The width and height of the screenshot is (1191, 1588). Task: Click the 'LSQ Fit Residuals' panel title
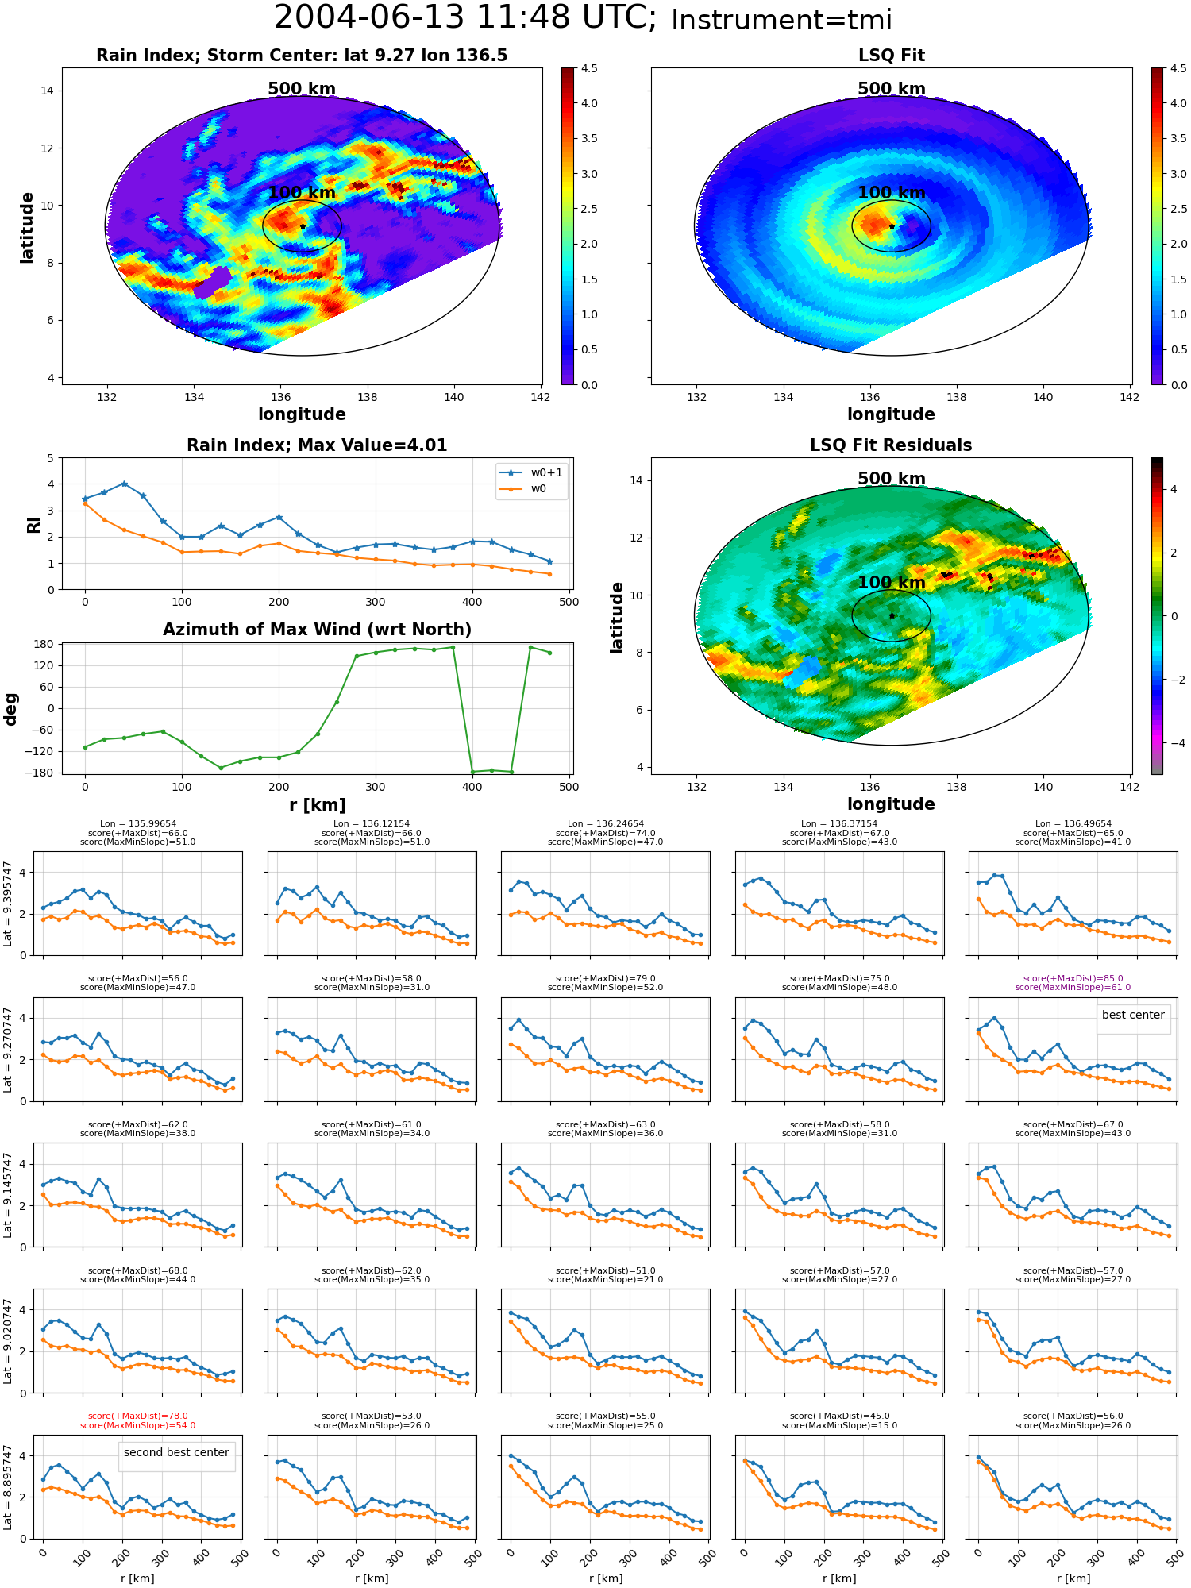click(x=891, y=445)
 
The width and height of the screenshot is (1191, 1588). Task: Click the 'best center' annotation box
click(x=1133, y=1016)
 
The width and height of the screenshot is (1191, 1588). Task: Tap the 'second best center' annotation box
click(x=176, y=1453)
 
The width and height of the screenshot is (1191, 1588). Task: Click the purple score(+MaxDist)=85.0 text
click(x=1073, y=979)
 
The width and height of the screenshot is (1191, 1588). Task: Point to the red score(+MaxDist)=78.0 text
click(x=137, y=1416)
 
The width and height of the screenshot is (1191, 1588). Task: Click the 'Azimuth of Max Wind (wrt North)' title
click(x=317, y=630)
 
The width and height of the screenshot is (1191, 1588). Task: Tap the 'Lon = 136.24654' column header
click(x=605, y=824)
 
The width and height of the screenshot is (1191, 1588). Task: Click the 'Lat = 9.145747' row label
click(x=9, y=1195)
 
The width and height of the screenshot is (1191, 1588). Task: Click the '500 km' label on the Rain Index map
click(x=302, y=89)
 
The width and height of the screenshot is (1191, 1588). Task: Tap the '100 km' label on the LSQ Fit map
click(x=892, y=193)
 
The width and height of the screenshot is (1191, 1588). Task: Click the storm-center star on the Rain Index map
click(x=303, y=226)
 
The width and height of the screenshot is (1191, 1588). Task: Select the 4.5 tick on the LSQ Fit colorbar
click(x=1178, y=68)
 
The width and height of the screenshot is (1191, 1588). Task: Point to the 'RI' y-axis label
click(x=33, y=525)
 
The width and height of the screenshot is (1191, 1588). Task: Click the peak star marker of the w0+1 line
click(x=124, y=484)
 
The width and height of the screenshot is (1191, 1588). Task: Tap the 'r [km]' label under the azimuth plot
click(x=317, y=805)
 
